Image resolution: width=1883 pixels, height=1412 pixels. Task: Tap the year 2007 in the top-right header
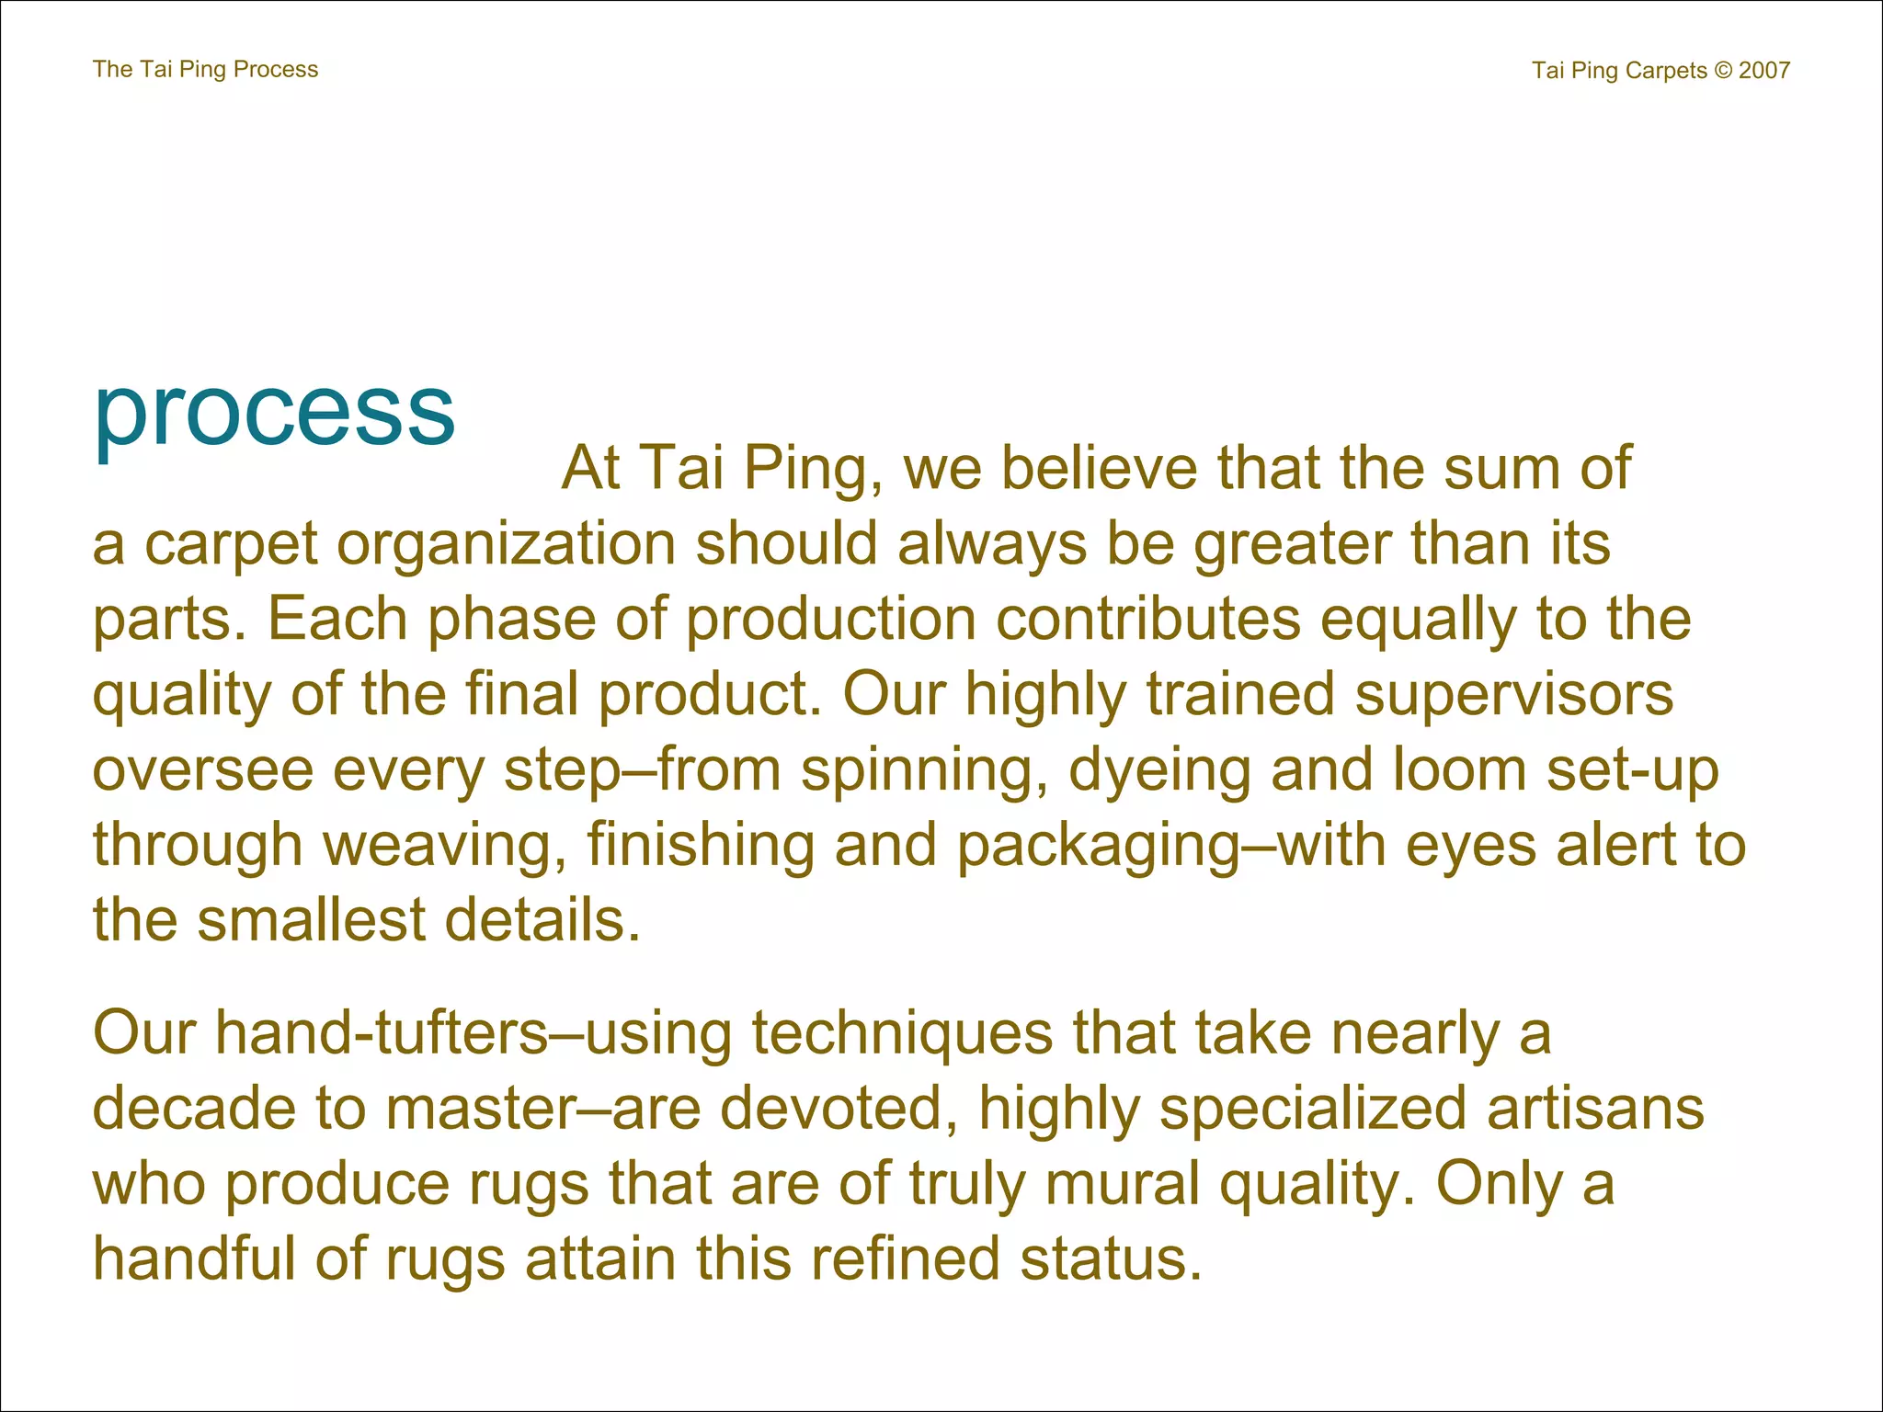point(1763,71)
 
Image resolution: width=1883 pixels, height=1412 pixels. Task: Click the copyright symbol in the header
point(1722,71)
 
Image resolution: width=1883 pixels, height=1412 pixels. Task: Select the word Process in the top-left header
point(276,70)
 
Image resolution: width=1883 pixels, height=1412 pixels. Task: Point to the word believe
point(1099,468)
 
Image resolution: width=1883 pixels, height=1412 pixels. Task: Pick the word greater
point(1292,544)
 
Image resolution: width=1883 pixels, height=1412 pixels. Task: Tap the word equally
point(1418,620)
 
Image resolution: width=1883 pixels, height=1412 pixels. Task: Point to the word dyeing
point(1159,770)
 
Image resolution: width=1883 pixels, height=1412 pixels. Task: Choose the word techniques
point(902,1034)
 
